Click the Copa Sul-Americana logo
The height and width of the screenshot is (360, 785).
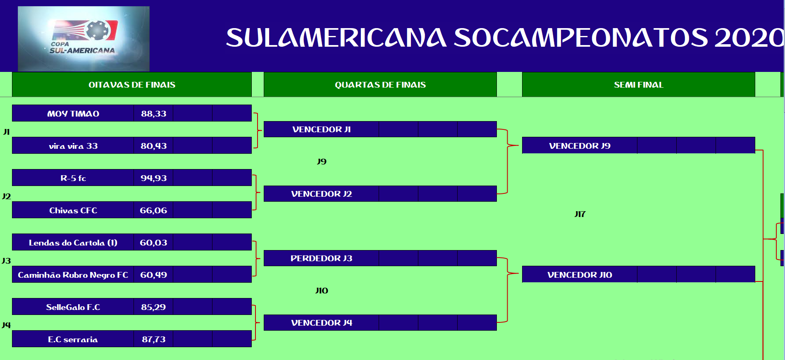(x=84, y=38)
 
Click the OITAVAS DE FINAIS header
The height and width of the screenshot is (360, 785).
(x=132, y=85)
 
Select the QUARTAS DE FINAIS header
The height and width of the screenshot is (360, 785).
(x=380, y=85)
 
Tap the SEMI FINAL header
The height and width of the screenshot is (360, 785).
(x=639, y=85)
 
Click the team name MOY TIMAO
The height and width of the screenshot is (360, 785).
(x=73, y=114)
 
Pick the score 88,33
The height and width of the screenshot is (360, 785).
(x=154, y=114)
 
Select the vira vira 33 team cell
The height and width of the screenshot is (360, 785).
(x=73, y=145)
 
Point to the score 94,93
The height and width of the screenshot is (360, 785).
(x=154, y=178)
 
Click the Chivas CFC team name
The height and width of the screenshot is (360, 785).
(x=73, y=210)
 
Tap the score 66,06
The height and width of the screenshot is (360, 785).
(x=153, y=210)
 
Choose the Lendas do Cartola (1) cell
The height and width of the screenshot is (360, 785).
(x=73, y=242)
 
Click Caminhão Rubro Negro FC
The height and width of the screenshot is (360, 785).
(x=73, y=275)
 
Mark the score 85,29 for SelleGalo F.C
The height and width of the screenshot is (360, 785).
(x=153, y=307)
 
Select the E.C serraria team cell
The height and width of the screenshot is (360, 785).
(x=73, y=339)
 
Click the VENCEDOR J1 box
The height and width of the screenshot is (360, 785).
(x=322, y=129)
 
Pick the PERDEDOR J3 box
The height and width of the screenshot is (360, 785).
(x=322, y=258)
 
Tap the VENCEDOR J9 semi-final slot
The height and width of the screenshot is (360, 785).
(x=580, y=145)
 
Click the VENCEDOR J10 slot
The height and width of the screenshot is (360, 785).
(x=580, y=274)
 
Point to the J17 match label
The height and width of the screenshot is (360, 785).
(x=580, y=214)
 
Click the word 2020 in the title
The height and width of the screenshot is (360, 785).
(x=749, y=38)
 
